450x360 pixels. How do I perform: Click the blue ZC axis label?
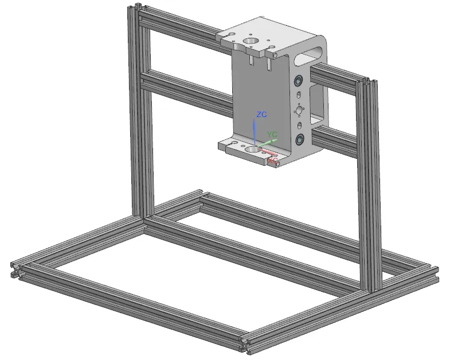pos(262,115)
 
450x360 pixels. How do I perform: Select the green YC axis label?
pos(272,135)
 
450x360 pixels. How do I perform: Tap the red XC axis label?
pos(273,161)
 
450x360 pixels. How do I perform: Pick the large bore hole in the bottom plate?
pos(252,150)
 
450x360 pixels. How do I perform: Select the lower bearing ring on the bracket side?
pos(300,139)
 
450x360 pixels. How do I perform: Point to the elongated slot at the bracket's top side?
pos(313,54)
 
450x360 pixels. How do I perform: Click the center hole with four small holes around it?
pos(299,110)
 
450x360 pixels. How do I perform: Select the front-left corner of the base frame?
pos(15,269)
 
